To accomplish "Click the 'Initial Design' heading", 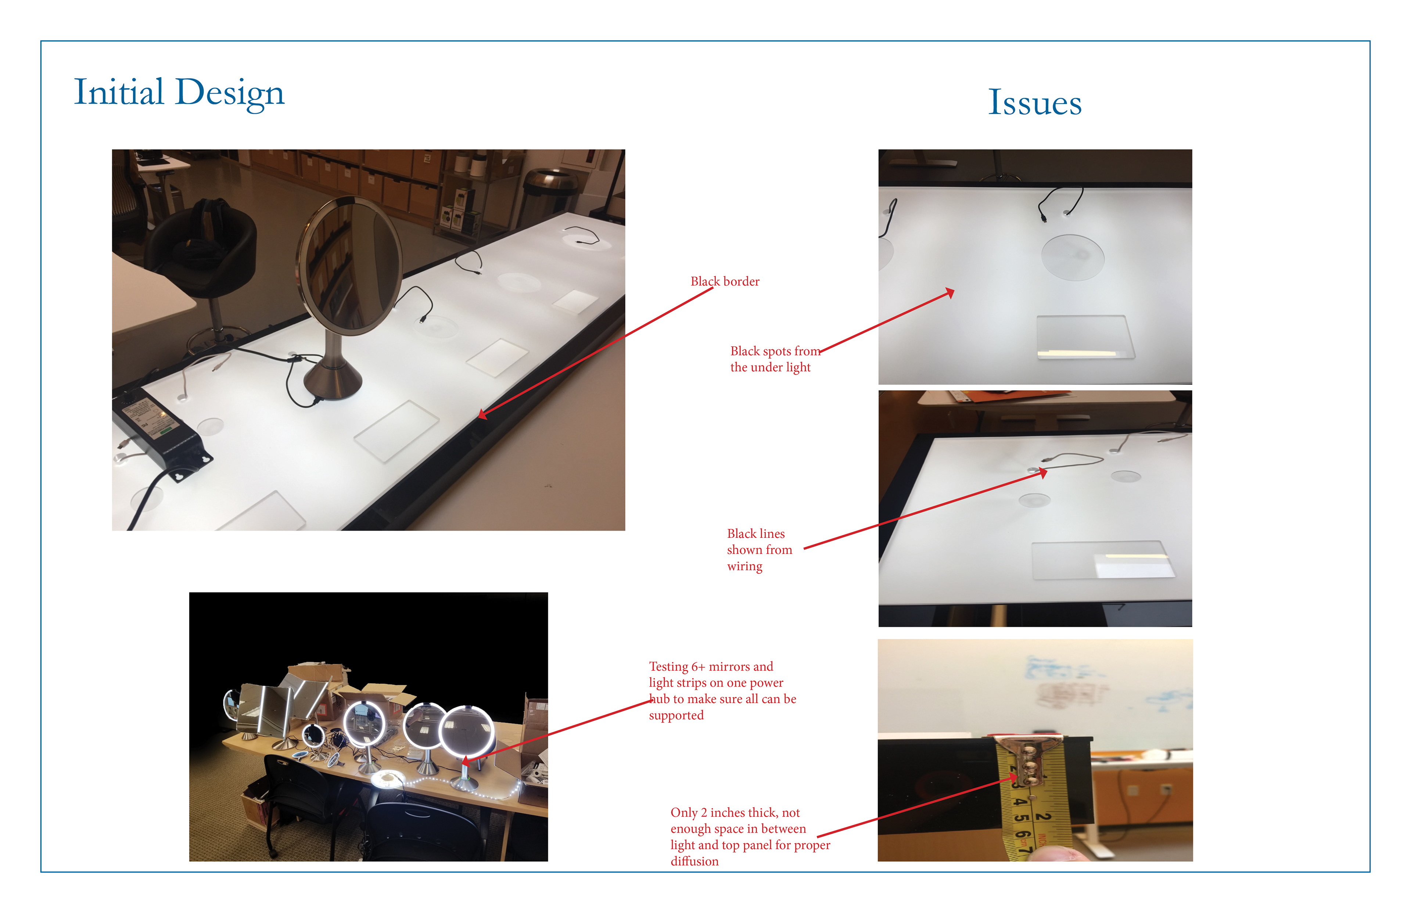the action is point(179,93).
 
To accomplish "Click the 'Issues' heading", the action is point(1034,103).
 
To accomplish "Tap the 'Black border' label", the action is point(725,281).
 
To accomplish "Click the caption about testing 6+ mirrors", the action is point(722,691).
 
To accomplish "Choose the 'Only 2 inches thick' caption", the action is point(750,837).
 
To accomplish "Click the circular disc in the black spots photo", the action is point(1073,257).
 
